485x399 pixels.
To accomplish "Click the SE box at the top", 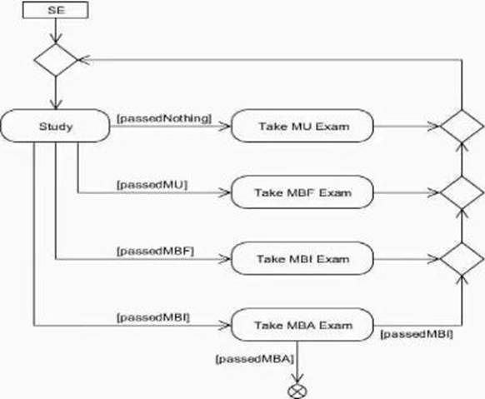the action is (x=56, y=10).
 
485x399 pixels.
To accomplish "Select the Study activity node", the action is (x=55, y=126).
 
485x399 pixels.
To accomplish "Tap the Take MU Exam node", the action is (x=302, y=126).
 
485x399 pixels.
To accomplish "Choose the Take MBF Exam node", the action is (x=302, y=192).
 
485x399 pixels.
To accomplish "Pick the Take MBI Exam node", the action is (x=302, y=259).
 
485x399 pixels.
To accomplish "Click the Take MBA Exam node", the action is (x=302, y=325).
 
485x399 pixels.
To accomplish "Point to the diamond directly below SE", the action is (x=56, y=60).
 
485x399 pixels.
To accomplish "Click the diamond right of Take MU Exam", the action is (x=462, y=126).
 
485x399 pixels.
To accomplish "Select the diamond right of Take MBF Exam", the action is (x=462, y=192).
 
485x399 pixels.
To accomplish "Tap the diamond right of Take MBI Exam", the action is (x=462, y=259).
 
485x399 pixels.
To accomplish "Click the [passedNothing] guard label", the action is (x=164, y=118).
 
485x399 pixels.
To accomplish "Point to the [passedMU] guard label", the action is (x=152, y=185).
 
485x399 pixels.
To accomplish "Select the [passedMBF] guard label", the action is (x=155, y=252).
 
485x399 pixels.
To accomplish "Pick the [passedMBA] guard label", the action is (x=254, y=359).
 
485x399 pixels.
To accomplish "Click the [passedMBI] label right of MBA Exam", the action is (x=417, y=334).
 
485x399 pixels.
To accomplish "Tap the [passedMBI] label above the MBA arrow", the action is (x=153, y=317).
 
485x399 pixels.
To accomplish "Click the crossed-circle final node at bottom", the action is (x=297, y=392).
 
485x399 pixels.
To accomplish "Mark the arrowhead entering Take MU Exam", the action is (x=224, y=126).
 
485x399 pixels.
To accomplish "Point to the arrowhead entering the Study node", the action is (x=56, y=104).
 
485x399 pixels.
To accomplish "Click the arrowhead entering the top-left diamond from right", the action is (x=84, y=60).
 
